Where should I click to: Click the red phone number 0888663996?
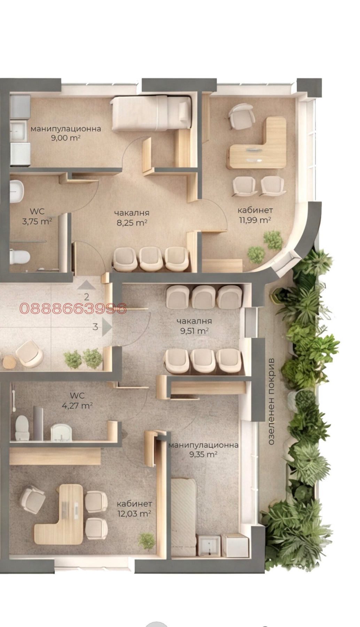point(73,308)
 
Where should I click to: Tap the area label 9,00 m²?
point(66,138)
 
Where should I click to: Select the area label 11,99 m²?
point(255,220)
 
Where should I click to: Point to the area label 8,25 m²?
point(132,223)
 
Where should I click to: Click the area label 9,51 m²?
point(194,331)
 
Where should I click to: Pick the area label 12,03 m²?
point(134,513)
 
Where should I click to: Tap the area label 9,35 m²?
point(203,454)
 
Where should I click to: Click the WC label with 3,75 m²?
point(37,216)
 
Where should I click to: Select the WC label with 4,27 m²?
point(77,401)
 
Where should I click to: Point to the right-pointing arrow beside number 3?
point(107,327)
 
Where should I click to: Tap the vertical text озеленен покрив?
point(271,401)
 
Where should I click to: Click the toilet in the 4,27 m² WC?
point(22,427)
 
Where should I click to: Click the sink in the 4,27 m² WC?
point(61,432)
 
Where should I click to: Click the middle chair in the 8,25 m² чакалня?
point(151,258)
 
